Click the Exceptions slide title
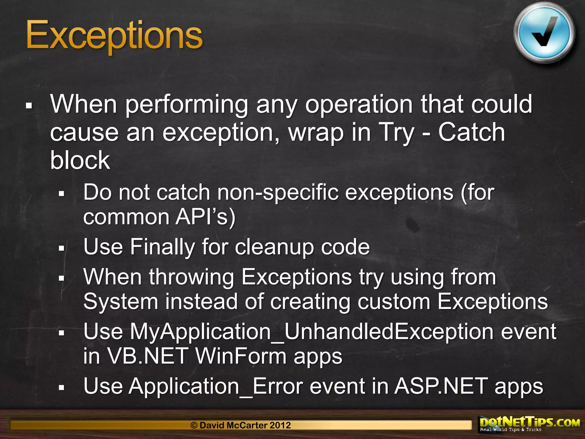tap(114, 36)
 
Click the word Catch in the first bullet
tap(472, 132)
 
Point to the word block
tap(80, 160)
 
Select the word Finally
tap(162, 247)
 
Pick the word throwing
tap(191, 277)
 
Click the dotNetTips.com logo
tap(530, 424)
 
